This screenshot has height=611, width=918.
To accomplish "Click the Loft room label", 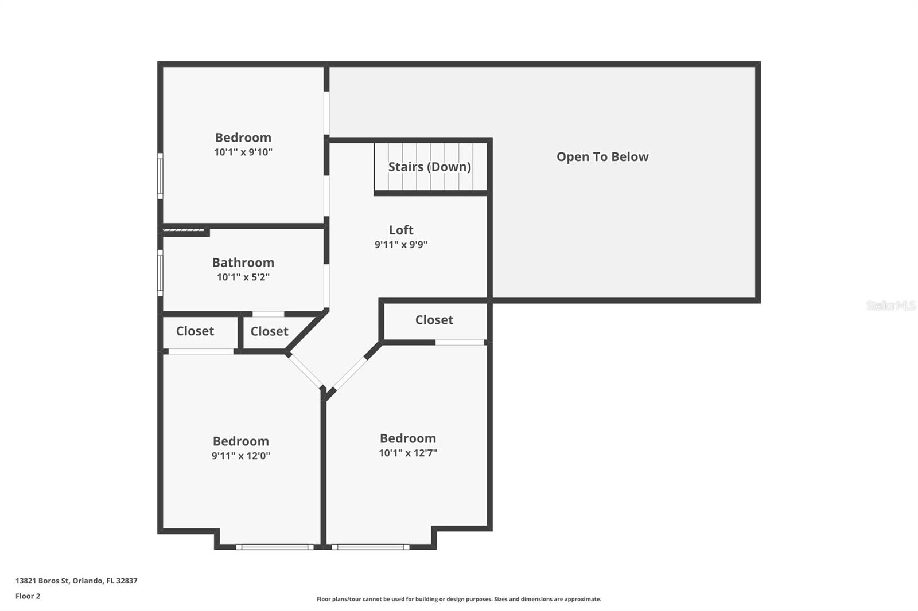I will coord(401,230).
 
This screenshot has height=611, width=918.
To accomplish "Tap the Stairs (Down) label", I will coord(429,167).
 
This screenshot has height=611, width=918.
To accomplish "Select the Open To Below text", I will coord(602,156).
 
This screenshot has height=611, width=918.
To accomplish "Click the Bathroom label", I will coord(243,263).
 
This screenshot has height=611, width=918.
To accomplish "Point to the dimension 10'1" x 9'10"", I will coord(243,152).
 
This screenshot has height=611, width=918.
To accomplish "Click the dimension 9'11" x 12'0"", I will coord(240,456).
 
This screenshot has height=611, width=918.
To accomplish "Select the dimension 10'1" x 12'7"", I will coord(408,453).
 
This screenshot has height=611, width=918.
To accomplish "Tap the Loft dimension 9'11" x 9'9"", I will coord(401,245).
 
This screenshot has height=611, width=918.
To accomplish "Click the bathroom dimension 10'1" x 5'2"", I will coord(243,277).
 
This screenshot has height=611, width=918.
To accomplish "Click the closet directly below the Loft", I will coord(434,320).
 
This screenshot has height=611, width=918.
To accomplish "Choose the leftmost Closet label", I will coord(195,331).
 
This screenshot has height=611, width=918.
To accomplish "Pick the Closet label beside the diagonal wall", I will coord(269,331).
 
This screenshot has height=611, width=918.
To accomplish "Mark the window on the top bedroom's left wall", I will coord(160,175).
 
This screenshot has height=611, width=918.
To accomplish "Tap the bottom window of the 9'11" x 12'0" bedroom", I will coord(275,547).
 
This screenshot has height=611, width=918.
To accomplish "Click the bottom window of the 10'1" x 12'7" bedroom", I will coord(371,547).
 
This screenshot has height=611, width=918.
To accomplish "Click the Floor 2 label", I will coord(28,596).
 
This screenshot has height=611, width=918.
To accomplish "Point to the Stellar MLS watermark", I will coord(890,305).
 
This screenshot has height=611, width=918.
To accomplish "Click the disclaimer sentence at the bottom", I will coord(459,599).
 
